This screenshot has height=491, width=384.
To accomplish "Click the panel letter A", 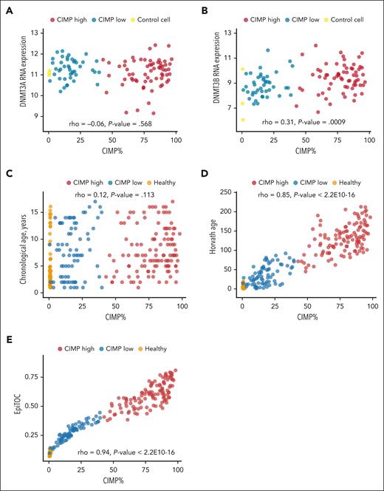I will (7, 7).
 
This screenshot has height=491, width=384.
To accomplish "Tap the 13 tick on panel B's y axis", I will (230, 33).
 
